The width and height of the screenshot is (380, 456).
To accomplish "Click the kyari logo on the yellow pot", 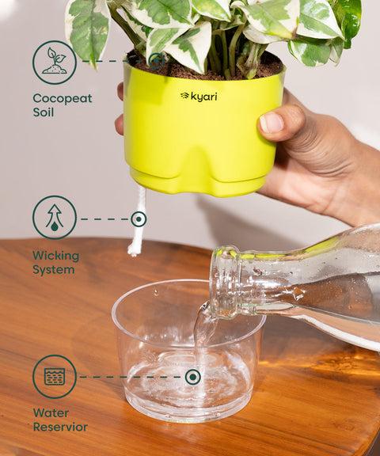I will pyautogui.click(x=198, y=96).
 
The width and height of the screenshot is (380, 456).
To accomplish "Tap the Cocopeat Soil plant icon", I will pyautogui.click(x=54, y=63).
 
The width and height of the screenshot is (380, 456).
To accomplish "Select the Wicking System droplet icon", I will pyautogui.click(x=54, y=218).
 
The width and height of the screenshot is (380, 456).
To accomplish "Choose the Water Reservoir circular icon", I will pyautogui.click(x=54, y=377).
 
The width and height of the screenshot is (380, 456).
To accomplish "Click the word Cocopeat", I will pyautogui.click(x=62, y=99).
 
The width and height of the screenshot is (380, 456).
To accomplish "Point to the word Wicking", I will pyautogui.click(x=55, y=256).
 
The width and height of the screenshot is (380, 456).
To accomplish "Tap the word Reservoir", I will pyautogui.click(x=60, y=427).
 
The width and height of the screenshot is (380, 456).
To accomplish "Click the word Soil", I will pyautogui.click(x=44, y=113).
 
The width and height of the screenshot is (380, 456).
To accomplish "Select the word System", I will pyautogui.click(x=53, y=270).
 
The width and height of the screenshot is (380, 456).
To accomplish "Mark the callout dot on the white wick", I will pyautogui.click(x=139, y=218).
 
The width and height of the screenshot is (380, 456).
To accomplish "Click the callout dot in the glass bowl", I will pyautogui.click(x=192, y=377).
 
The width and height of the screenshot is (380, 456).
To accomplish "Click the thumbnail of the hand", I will pyautogui.click(x=272, y=123).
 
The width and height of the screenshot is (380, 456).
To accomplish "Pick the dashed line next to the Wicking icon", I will pyautogui.click(x=104, y=218).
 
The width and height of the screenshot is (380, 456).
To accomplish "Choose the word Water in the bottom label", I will pyautogui.click(x=50, y=413).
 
